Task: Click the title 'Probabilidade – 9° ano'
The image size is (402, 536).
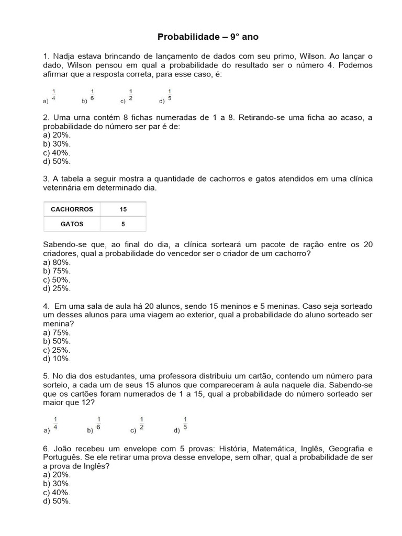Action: pos(208,37)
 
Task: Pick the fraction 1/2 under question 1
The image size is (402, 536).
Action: pos(131,94)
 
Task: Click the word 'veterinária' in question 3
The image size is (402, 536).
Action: pos(64,187)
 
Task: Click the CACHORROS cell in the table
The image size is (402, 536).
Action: pos(72,209)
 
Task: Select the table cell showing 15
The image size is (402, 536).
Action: pos(123,209)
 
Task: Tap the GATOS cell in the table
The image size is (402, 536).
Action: pos(72,224)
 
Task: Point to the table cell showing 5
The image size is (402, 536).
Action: pos(123,224)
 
